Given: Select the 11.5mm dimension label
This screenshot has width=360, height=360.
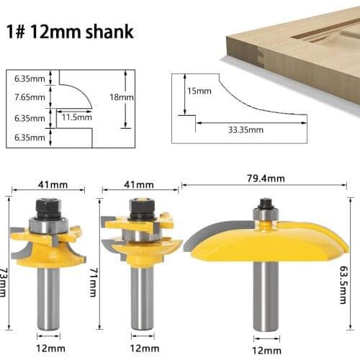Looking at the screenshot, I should pos(76,116).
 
